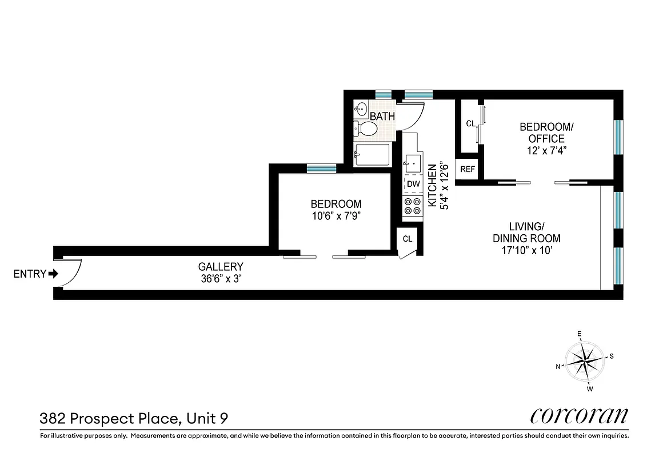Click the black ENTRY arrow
54,274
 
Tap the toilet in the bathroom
366,129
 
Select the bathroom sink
361,108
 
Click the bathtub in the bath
372,155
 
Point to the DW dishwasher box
413,184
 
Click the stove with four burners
412,207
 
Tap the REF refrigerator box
468,169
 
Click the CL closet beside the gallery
408,239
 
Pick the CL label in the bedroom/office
470,123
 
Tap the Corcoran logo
580,415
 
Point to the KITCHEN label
433,186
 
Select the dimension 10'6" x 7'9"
336,216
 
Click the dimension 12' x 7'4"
542,151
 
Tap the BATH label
382,117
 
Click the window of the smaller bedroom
321,168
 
